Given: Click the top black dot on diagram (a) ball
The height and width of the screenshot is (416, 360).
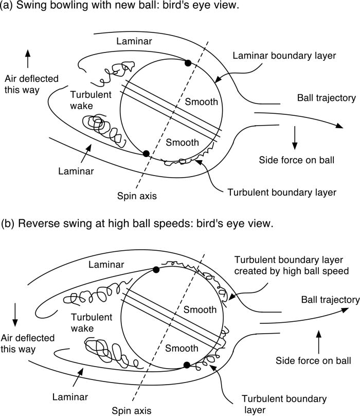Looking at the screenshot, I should (188, 62).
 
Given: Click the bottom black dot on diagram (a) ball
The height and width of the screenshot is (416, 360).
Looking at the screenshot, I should (146, 153).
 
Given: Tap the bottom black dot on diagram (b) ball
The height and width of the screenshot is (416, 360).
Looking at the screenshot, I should (187, 365).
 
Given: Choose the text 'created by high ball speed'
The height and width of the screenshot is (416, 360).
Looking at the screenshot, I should (292, 271).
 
